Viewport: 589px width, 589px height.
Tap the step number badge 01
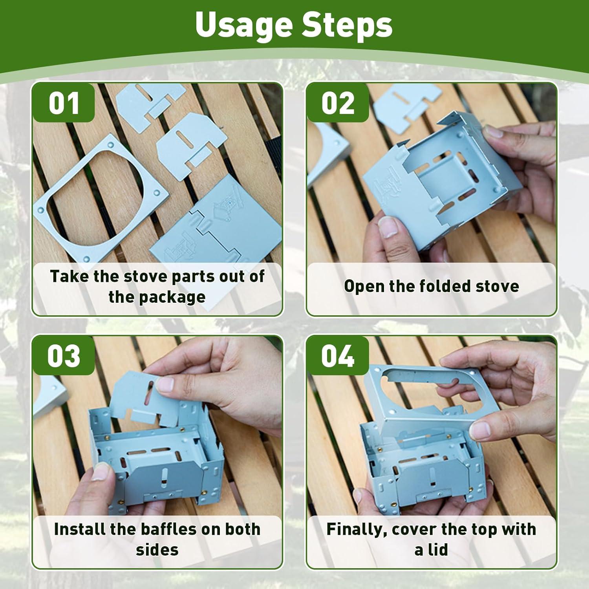pos(64,103)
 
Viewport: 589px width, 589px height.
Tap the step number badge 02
pos(338,103)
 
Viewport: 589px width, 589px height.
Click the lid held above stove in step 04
pos(424,393)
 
